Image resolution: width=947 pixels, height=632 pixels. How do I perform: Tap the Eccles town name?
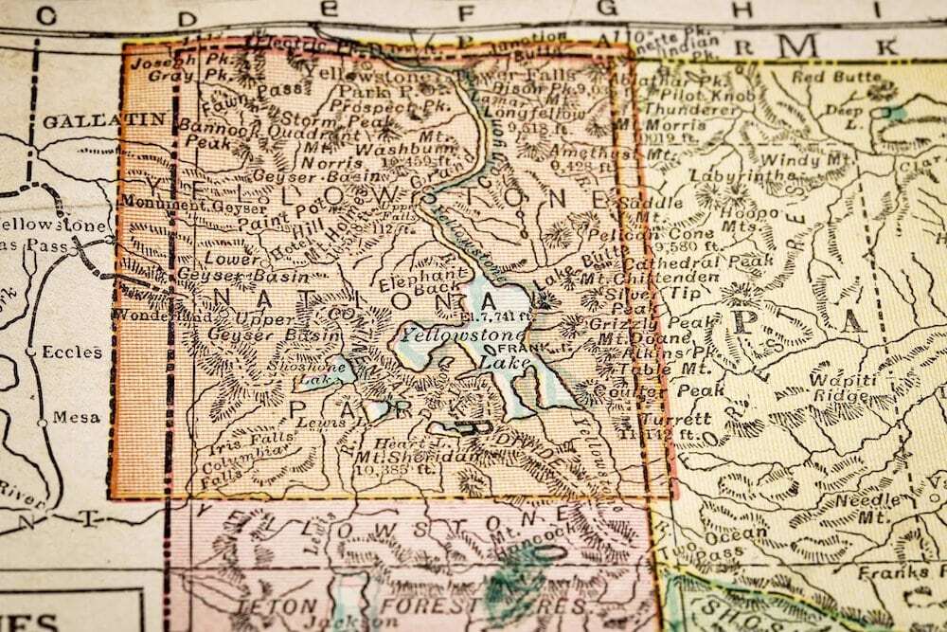tap(76, 352)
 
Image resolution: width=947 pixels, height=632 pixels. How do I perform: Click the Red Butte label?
tap(823, 76)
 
